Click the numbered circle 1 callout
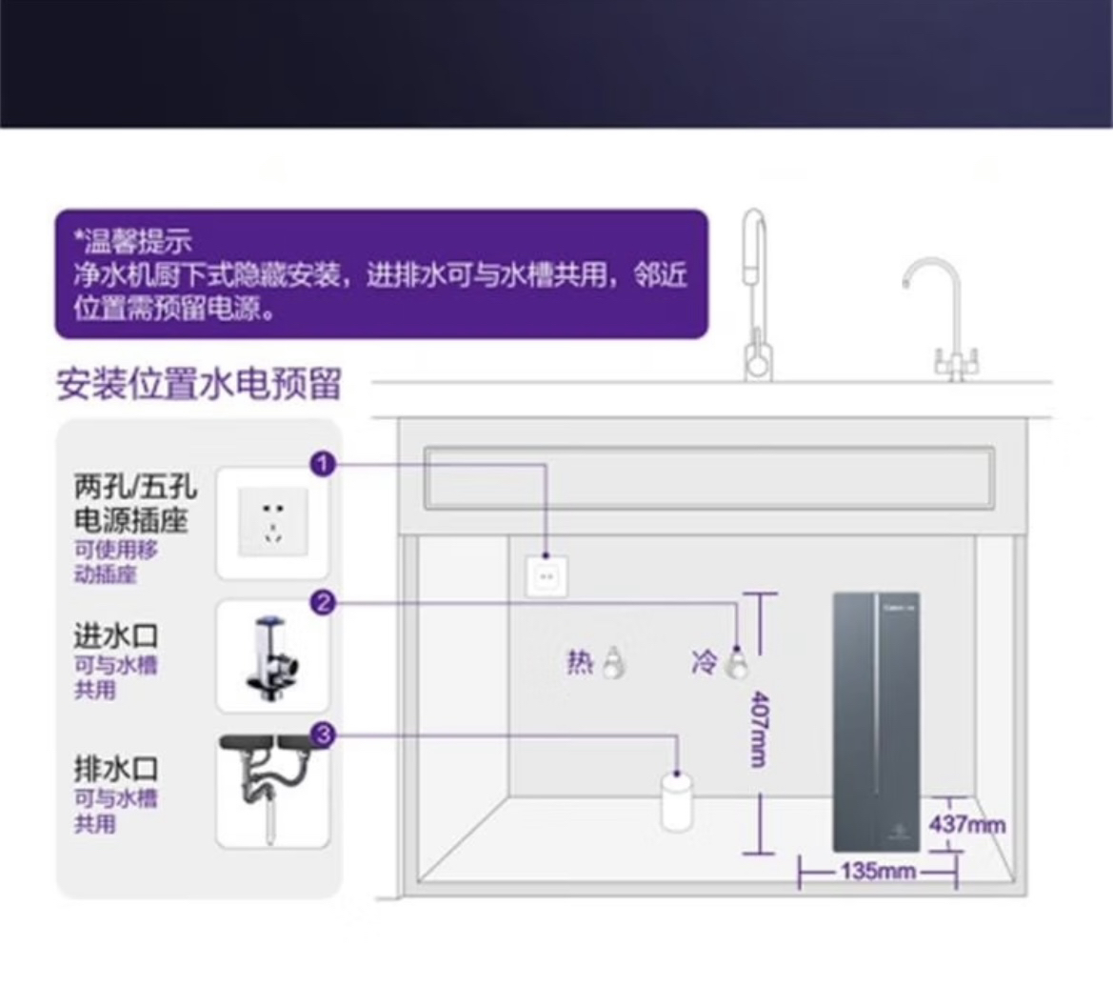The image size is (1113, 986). [x=324, y=465]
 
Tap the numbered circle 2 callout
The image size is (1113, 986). [x=324, y=602]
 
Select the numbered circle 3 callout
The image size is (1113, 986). [x=324, y=734]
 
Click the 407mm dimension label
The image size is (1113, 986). [x=757, y=729]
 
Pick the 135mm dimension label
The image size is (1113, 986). [x=878, y=871]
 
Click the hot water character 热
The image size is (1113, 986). [x=580, y=661]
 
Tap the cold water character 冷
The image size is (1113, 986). [x=705, y=661]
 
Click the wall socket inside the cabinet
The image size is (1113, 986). [x=547, y=576]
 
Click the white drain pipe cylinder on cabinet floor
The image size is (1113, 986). [x=677, y=802]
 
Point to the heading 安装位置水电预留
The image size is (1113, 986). [x=199, y=385]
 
